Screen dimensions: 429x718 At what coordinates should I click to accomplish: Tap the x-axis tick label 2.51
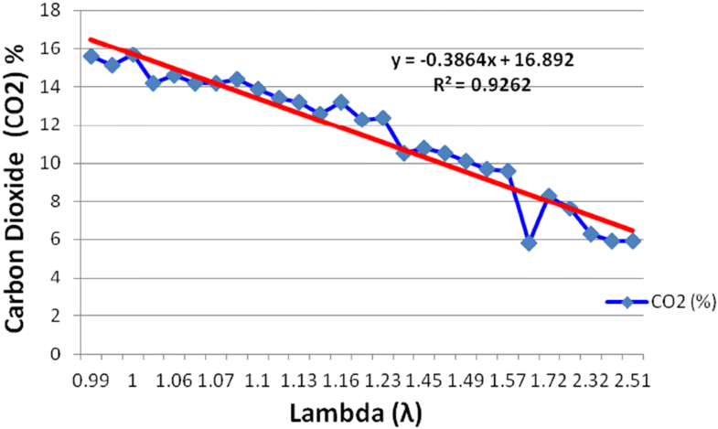(632, 379)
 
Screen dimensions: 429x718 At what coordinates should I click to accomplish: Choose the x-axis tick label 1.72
(549, 379)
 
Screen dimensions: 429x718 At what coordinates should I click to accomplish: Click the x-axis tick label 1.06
(174, 379)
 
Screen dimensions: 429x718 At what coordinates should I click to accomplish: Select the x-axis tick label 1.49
(466, 379)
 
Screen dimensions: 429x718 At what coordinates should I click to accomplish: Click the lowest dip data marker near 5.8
(528, 243)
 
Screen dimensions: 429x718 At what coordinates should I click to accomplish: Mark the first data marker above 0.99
(91, 57)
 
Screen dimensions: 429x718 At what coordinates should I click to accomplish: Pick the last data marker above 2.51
(632, 241)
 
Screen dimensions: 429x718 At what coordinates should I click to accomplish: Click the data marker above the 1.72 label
(549, 196)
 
